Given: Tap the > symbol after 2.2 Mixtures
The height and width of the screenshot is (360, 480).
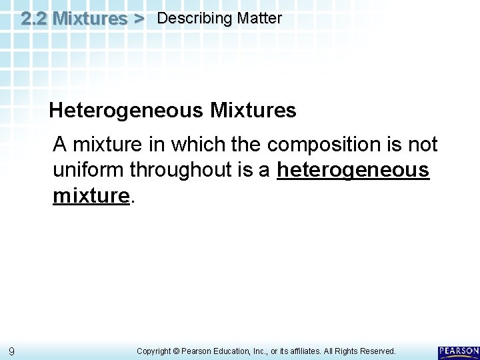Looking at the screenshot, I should coord(138,19).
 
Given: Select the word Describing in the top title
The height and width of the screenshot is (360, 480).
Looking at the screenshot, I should coord(188,19).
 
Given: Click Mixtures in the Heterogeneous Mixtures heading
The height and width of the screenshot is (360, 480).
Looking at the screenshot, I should coord(253,110).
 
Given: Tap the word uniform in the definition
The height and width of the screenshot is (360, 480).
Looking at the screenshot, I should coord(89,170).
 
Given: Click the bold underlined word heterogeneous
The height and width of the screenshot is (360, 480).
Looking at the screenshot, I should coord(353,170).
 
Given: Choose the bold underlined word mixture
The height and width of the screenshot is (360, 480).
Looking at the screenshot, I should coord(90,195).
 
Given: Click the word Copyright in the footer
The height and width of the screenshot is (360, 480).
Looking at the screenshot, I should coord(155,351).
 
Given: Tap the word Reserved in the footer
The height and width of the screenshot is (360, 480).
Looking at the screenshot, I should coord(377,351).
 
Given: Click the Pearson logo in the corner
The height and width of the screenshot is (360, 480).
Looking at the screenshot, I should coord(459,351).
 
